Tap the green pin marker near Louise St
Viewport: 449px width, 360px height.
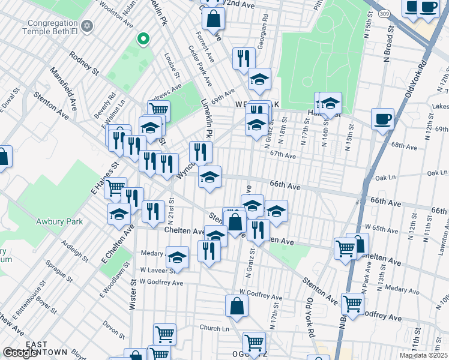(143, 40)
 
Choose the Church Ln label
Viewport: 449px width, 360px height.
(215, 328)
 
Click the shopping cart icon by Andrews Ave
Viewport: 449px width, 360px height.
(158, 110)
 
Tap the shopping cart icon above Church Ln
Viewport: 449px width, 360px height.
(164, 334)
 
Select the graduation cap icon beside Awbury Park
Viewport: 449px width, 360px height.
(119, 214)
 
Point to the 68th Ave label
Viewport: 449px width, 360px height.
(403, 146)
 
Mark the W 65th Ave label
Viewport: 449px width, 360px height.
(378, 229)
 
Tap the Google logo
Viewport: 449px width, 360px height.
(20, 353)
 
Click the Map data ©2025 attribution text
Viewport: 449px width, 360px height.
(424, 355)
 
